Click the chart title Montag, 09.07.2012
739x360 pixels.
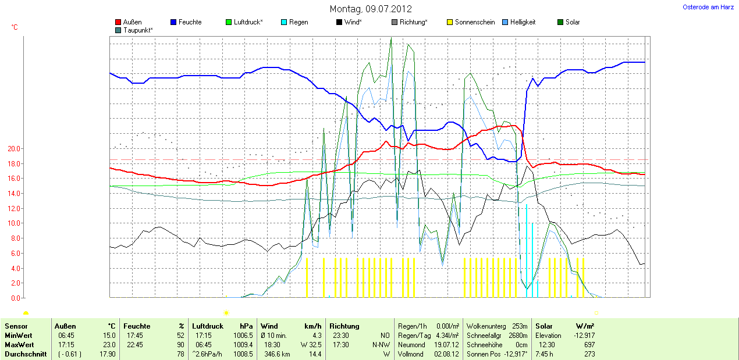371,9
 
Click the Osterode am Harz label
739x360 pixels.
708,7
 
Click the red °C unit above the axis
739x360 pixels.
15,27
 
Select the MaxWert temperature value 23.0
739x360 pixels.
108,345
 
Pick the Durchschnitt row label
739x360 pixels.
25,354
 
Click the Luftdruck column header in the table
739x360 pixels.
208,326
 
